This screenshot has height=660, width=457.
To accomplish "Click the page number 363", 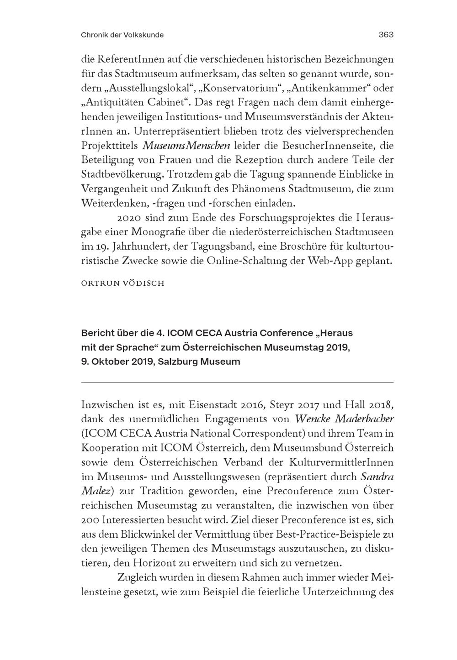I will [x=386, y=35].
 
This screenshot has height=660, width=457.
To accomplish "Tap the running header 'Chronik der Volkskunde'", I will [x=122, y=35].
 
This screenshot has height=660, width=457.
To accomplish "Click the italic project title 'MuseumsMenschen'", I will [x=186, y=146].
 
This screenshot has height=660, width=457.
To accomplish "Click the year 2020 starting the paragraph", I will [x=129, y=217].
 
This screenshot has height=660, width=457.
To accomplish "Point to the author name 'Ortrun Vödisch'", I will [x=122, y=283].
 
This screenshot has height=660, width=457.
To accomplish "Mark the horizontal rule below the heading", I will [x=237, y=382].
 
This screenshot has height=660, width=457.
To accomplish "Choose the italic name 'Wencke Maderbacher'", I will [x=344, y=419].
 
